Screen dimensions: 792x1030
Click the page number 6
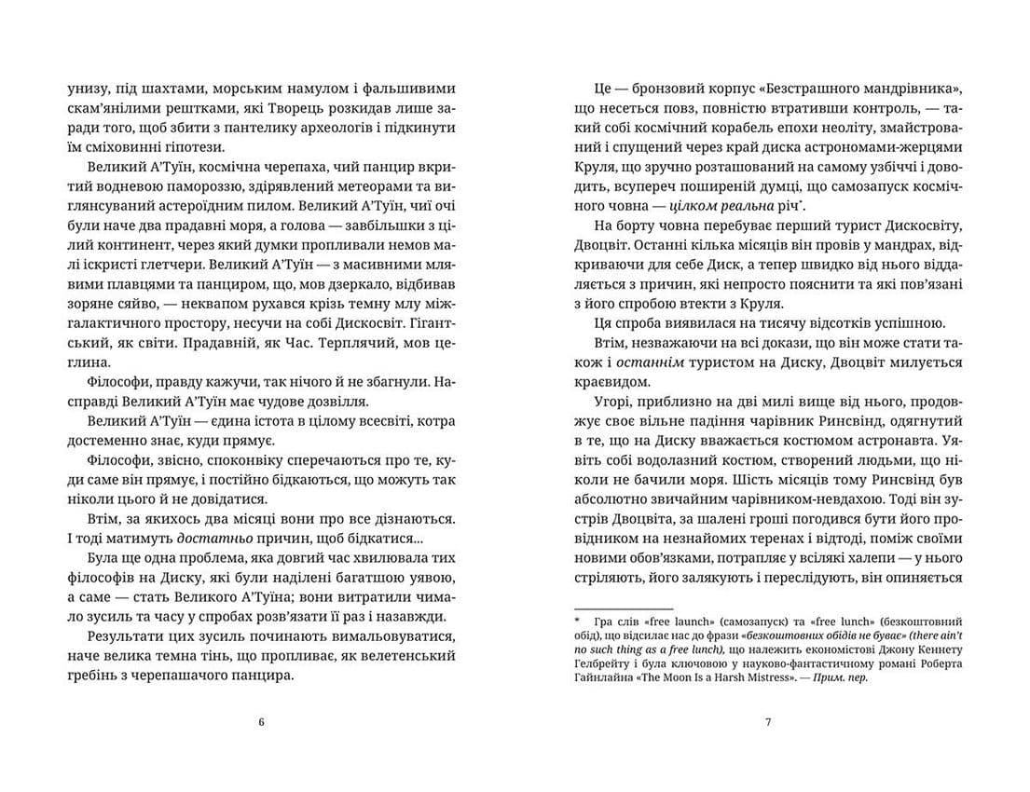tap(261, 721)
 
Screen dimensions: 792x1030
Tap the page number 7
tap(767, 721)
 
